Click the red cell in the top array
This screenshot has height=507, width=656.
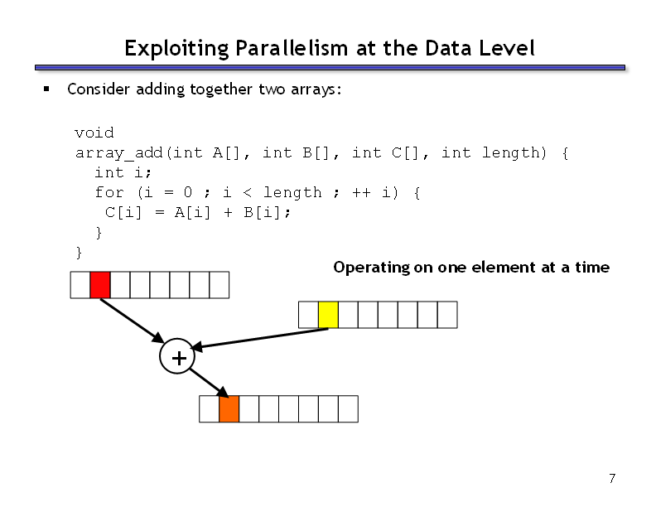[x=100, y=285]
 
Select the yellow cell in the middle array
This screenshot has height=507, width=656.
[x=328, y=315]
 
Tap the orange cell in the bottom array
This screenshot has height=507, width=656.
[x=229, y=408]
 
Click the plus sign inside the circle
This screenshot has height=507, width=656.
[x=179, y=358]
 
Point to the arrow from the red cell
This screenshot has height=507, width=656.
[x=133, y=321]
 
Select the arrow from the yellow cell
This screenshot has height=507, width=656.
[x=259, y=339]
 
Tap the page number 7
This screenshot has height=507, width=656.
[x=612, y=478]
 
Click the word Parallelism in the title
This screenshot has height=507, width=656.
[x=292, y=48]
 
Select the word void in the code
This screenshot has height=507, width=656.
[x=94, y=133]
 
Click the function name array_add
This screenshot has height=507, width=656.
[x=118, y=153]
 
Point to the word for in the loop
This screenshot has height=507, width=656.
[x=109, y=192]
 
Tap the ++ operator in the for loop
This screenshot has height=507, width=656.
[x=361, y=192]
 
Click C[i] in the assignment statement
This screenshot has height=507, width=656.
[x=123, y=213]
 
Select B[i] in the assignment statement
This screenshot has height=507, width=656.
[x=262, y=213]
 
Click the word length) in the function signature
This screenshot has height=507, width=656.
[x=514, y=152]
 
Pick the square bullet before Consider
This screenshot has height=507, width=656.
[x=46, y=89]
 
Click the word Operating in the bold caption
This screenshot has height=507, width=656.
[x=372, y=268]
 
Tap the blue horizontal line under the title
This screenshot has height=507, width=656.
[x=330, y=67]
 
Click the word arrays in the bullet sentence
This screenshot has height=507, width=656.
[x=314, y=89]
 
